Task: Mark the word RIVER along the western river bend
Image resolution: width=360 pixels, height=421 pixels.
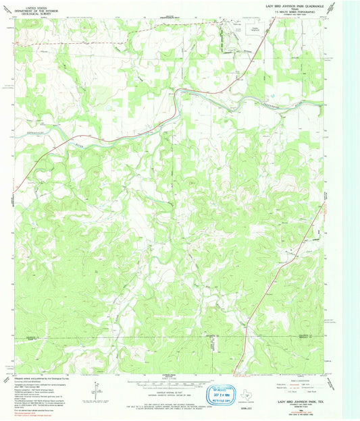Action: click(76, 143)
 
